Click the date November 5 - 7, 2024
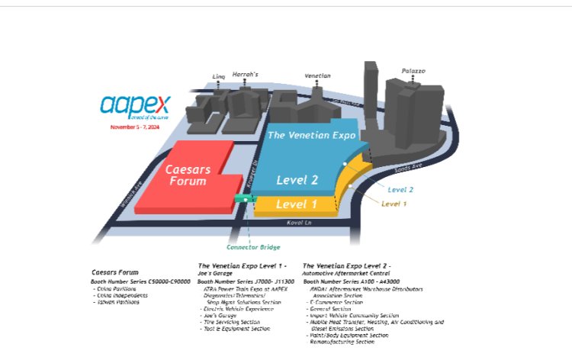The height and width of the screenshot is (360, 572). pos(134,127)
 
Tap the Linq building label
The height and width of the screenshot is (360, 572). pos(219,77)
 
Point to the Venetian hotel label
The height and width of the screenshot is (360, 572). pos(317,76)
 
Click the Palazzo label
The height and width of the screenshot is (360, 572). pos(413,71)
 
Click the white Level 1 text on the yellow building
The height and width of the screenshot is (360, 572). pos(297,204)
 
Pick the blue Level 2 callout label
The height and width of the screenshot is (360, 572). pos(400,189)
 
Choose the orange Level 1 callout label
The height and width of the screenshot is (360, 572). pos(394,204)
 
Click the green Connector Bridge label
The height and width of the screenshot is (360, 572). pos(253,246)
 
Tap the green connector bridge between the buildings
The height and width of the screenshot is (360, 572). pos(245,198)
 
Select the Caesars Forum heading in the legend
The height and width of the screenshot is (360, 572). pos(114,272)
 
